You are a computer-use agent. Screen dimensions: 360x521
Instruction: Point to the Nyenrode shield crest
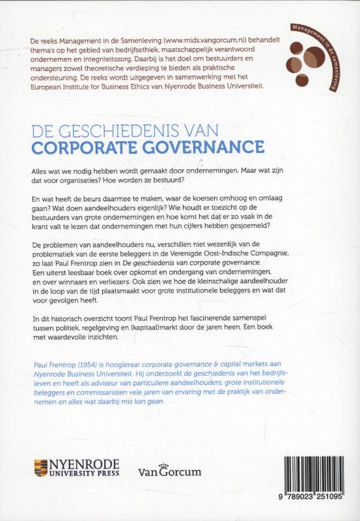click(x=41, y=469)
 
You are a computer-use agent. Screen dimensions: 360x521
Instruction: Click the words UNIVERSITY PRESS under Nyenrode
click(x=84, y=475)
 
